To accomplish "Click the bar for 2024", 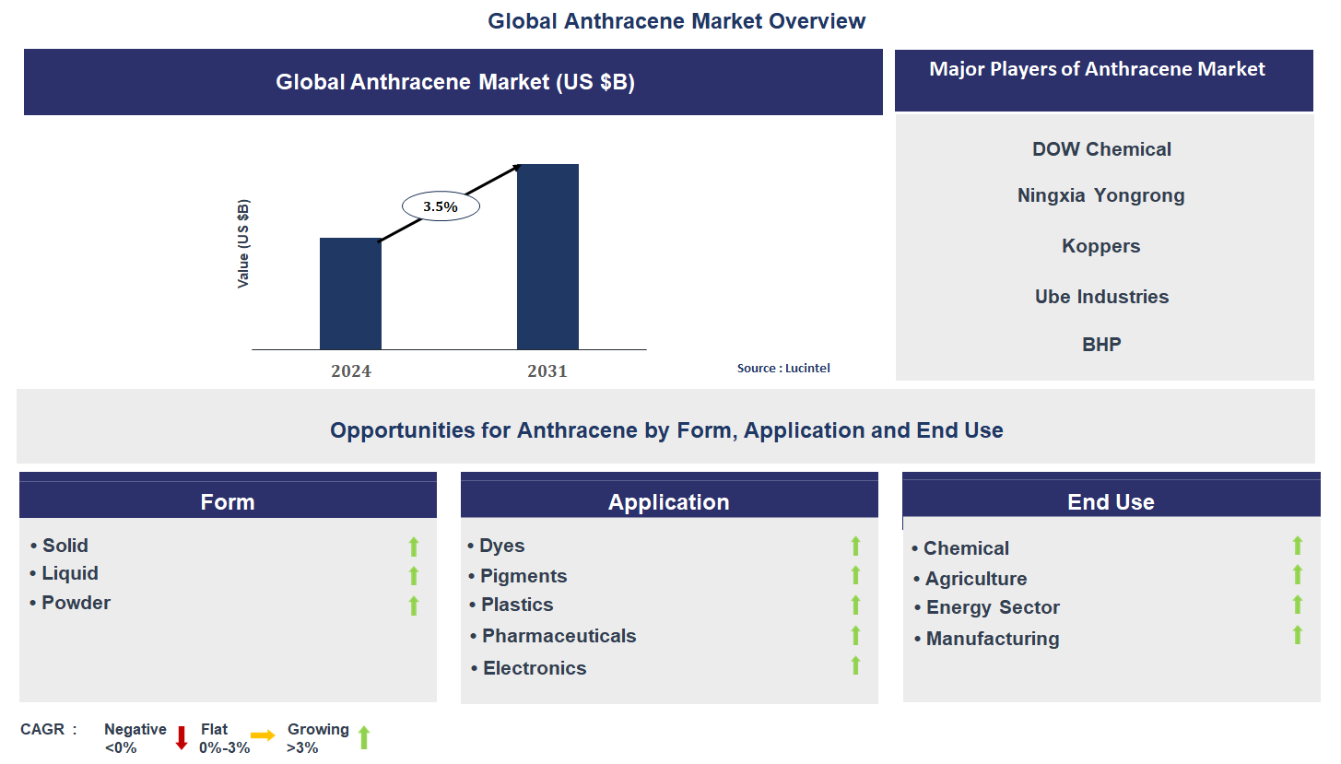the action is pyautogui.click(x=350, y=293).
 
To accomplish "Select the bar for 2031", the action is pyautogui.click(x=547, y=256).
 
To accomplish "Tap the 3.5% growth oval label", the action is pyautogui.click(x=441, y=206).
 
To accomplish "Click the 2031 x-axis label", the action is pyautogui.click(x=547, y=371).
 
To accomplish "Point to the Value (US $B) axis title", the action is pyautogui.click(x=243, y=243).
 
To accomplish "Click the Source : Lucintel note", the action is pyautogui.click(x=783, y=369).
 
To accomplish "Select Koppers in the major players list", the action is pyautogui.click(x=1101, y=246).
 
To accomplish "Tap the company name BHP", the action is pyautogui.click(x=1101, y=345).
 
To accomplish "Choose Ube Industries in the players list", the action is pyautogui.click(x=1101, y=297).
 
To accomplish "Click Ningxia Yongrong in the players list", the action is pyautogui.click(x=1101, y=195).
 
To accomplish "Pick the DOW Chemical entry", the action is pyautogui.click(x=1101, y=149).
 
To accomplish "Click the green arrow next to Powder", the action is pyautogui.click(x=414, y=605).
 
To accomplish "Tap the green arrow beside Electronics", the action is pyautogui.click(x=855, y=665).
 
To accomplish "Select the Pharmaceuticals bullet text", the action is pyautogui.click(x=559, y=636).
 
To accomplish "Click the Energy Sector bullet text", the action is pyautogui.click(x=993, y=607).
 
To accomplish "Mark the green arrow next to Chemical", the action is pyautogui.click(x=1298, y=546).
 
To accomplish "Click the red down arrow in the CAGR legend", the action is pyautogui.click(x=182, y=737).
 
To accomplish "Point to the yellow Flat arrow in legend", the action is pyautogui.click(x=263, y=735).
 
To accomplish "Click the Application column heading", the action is pyautogui.click(x=669, y=502).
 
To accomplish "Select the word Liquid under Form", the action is pyautogui.click(x=70, y=573).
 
